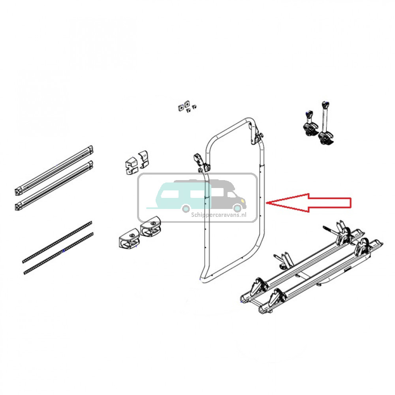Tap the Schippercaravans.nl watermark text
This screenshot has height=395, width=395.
pos(218,215)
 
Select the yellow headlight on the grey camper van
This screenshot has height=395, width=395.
pos(239,201)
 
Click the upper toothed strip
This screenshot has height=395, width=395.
pos(58,241)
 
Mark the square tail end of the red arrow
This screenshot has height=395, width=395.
pos(350,202)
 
